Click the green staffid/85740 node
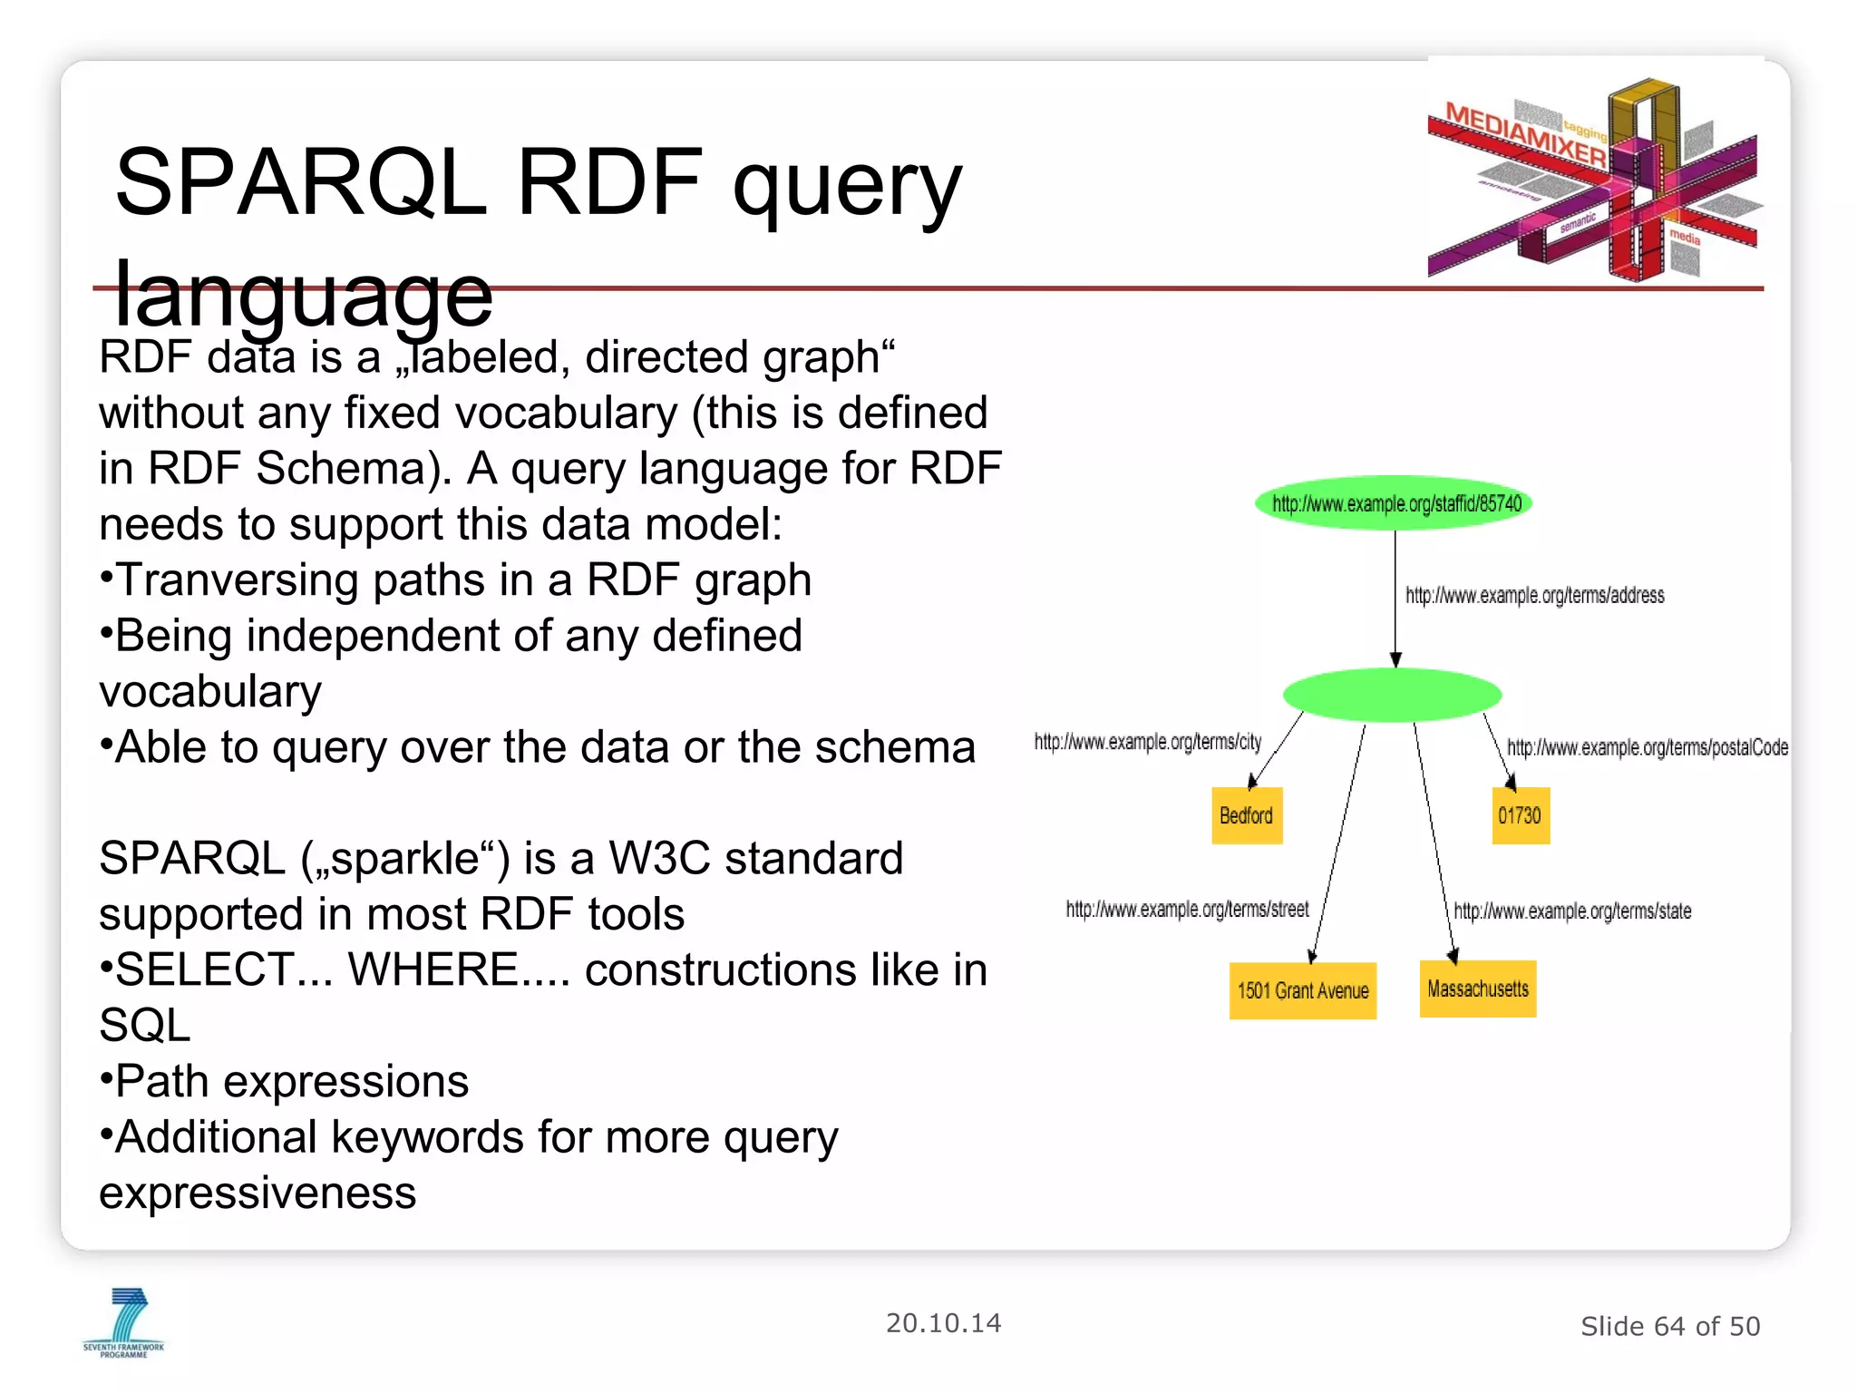coord(1394,503)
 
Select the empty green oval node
coord(1392,695)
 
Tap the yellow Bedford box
coord(1247,815)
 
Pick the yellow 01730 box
coord(1520,815)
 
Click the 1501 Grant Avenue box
coord(1302,990)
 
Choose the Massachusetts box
coord(1477,989)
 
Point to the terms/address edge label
coord(1534,596)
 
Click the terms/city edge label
coord(1147,742)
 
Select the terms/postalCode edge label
coord(1647,747)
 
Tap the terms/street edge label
coord(1187,909)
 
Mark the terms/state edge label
coord(1572,911)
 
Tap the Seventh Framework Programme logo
coord(124,1322)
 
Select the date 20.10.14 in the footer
coord(943,1323)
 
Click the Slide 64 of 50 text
coord(1669,1326)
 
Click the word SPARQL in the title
coord(301,183)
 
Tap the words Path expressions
coord(292,1081)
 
